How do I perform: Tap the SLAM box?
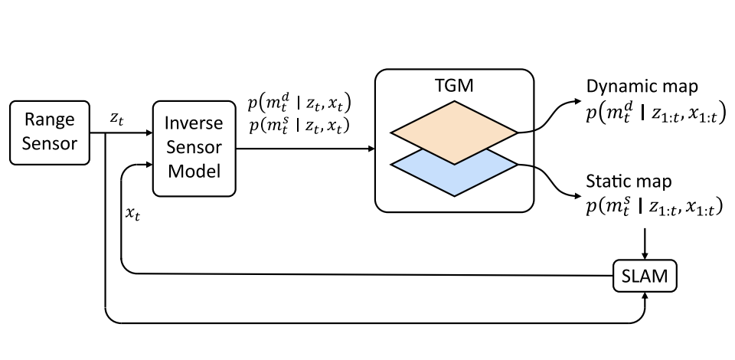tap(646, 276)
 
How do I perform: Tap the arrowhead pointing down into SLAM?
tap(646, 256)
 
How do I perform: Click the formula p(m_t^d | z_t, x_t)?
tap(303, 104)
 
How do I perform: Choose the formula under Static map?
tap(653, 207)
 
